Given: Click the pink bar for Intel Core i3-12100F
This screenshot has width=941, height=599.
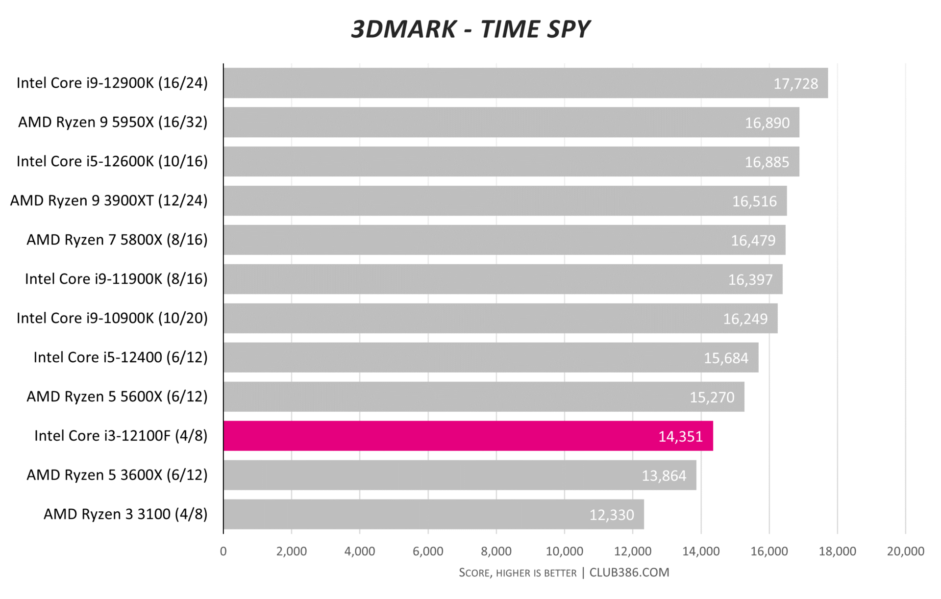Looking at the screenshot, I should [x=468, y=436].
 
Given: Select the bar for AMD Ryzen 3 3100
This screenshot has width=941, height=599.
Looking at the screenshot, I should [x=434, y=514].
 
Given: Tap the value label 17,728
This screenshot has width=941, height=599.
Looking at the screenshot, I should [x=795, y=84].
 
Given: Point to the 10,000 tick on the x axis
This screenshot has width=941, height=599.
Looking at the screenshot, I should [x=564, y=551].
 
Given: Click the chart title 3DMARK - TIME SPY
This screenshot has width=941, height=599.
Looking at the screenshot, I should [x=470, y=29].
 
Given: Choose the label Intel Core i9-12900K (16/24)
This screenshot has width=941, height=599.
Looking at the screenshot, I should [x=112, y=83].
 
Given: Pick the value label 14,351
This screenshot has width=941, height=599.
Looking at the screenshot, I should [x=680, y=436].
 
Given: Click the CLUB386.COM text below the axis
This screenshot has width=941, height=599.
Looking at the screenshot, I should [x=629, y=573].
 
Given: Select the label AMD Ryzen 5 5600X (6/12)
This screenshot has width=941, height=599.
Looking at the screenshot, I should [x=117, y=397].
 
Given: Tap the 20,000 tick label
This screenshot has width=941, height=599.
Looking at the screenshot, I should [x=905, y=551].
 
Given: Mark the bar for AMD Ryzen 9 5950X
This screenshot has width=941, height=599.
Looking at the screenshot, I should [x=511, y=122].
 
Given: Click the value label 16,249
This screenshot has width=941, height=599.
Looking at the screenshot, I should [x=745, y=319].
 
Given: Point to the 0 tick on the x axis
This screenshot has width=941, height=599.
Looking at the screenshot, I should [x=223, y=551].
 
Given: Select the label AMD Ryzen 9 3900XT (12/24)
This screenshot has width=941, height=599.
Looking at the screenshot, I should [x=109, y=200].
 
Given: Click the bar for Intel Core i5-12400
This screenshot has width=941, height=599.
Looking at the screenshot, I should [x=491, y=357].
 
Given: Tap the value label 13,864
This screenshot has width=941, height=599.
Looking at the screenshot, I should [x=664, y=475].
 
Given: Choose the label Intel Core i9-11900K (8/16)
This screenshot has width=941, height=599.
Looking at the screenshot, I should [x=116, y=279].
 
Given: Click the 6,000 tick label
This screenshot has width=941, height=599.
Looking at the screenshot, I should [x=428, y=551].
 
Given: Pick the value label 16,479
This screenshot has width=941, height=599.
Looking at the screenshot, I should [x=753, y=240].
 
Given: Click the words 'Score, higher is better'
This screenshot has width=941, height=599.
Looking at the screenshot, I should [x=518, y=573].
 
